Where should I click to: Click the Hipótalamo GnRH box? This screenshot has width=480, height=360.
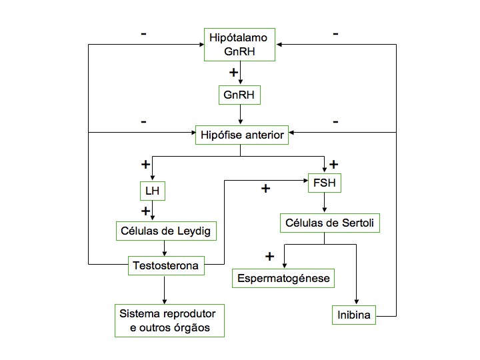point(239,45)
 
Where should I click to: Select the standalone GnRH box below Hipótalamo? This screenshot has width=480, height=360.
point(239,95)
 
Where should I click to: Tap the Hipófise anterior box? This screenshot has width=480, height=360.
point(242,135)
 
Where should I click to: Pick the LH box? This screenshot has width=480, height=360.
point(153,191)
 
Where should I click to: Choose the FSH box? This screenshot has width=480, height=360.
point(325,183)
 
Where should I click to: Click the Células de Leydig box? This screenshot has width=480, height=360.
point(166,231)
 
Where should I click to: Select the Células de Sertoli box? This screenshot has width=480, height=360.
point(330,223)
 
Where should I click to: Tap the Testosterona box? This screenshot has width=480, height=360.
point(166,266)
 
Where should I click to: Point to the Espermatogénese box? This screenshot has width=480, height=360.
point(283,278)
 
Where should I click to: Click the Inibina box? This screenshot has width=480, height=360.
point(353,315)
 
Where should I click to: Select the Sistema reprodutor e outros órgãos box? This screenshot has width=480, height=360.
point(169,321)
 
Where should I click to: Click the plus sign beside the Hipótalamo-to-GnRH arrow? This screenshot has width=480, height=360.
point(233,73)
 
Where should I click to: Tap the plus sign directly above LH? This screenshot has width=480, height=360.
point(146,165)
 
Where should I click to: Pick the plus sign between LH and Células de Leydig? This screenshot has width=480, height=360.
point(146,211)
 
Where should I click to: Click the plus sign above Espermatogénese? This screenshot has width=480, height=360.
point(270,257)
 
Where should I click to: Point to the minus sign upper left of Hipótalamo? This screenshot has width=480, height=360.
point(143,34)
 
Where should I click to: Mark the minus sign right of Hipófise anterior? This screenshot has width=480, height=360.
point(335,122)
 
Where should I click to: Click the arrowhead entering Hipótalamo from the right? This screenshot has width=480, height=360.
point(279,45)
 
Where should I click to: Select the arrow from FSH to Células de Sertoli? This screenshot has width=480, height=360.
point(325,203)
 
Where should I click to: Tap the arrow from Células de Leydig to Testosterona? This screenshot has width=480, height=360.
point(165,248)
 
